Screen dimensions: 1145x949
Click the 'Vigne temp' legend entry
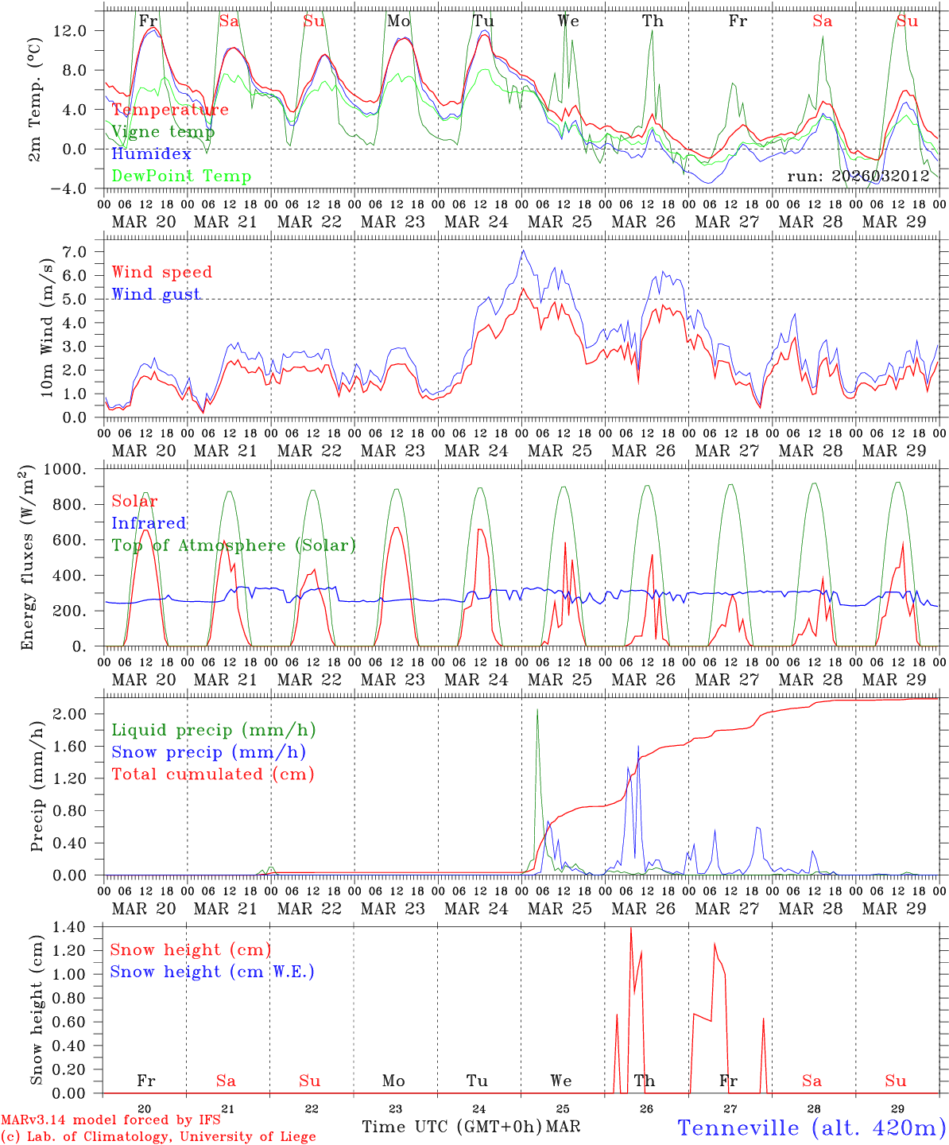163,132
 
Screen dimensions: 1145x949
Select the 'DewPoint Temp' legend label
181,177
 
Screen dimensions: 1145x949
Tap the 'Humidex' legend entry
151,154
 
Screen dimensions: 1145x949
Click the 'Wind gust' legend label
156,294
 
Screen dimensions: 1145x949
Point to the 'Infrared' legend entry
149,523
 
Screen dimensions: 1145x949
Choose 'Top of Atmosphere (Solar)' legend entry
234,545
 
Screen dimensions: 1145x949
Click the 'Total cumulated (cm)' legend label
213,774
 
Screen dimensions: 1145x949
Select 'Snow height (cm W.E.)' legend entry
212,972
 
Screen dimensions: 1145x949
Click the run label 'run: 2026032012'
858,177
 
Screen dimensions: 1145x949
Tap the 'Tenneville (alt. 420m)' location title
811,1128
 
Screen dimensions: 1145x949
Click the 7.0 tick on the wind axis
83,252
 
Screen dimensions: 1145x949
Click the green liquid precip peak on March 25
537,709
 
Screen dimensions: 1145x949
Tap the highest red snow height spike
630,928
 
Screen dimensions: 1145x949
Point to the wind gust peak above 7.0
522,250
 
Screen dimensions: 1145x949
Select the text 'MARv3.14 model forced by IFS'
110,1120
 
